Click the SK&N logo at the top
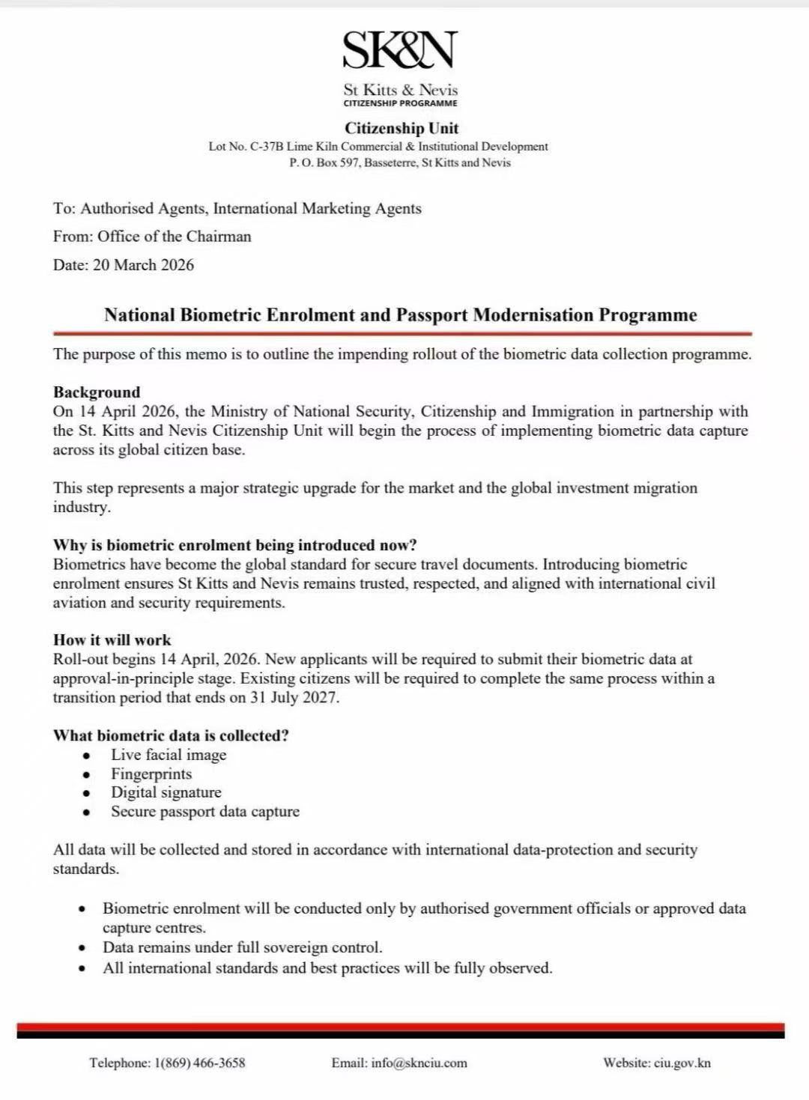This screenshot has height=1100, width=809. click(400, 50)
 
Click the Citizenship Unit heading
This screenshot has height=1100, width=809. click(402, 128)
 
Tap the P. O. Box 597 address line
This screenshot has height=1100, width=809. click(400, 162)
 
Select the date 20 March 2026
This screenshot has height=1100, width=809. click(143, 265)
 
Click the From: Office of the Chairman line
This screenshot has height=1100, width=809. click(152, 237)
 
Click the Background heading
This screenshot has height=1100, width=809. click(97, 392)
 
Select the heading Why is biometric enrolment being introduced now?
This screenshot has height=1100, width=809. click(234, 545)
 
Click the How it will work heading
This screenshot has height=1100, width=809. click(112, 640)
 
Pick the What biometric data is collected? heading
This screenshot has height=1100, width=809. click(171, 735)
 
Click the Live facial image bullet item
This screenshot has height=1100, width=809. click(169, 755)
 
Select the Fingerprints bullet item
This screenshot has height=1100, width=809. click(151, 774)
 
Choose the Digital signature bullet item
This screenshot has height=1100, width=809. click(166, 792)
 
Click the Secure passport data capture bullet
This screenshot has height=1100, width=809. click(205, 812)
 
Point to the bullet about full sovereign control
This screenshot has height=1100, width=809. click(243, 947)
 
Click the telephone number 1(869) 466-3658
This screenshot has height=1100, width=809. click(199, 1063)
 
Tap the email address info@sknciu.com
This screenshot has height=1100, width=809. click(419, 1063)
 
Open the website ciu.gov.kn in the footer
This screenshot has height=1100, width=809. click(682, 1063)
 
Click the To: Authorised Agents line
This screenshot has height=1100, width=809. click(237, 209)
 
